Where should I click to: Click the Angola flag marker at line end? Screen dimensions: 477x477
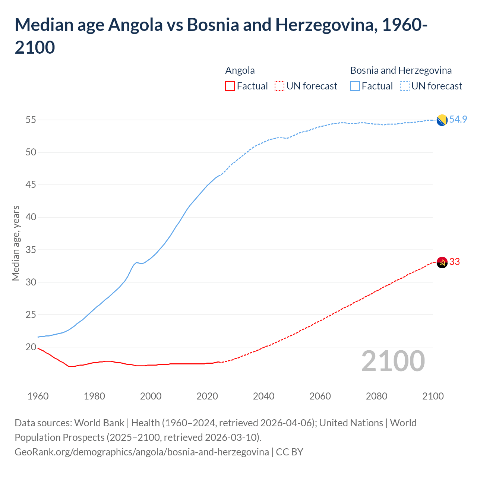pyautogui.click(x=442, y=262)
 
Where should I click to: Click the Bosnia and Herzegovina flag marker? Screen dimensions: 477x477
pyautogui.click(x=442, y=120)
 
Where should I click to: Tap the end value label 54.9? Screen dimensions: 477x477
pyautogui.click(x=458, y=119)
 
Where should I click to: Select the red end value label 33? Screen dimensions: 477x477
pyautogui.click(x=455, y=262)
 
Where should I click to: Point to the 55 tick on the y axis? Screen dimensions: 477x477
pyautogui.click(x=31, y=120)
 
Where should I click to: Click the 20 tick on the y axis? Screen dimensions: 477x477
pyautogui.click(x=31, y=347)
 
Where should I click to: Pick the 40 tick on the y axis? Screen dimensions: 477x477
pyautogui.click(x=31, y=217)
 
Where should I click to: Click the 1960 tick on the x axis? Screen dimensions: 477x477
pyautogui.click(x=38, y=396)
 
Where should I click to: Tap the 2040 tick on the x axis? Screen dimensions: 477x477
pyautogui.click(x=263, y=396)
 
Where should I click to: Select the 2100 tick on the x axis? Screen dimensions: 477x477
pyautogui.click(x=433, y=396)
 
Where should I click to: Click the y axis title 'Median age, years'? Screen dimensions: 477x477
pyautogui.click(x=16, y=243)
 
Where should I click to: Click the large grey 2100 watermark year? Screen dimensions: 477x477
pyautogui.click(x=393, y=361)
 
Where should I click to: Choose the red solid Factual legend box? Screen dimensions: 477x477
pyautogui.click(x=230, y=86)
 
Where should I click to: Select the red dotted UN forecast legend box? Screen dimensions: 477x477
pyautogui.click(x=279, y=86)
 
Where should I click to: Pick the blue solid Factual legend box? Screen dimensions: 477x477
pyautogui.click(x=355, y=86)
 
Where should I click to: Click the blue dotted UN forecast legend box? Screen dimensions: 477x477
pyautogui.click(x=405, y=86)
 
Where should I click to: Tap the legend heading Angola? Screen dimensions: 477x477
pyautogui.click(x=240, y=70)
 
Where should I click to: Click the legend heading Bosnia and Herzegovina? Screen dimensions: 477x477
pyautogui.click(x=401, y=70)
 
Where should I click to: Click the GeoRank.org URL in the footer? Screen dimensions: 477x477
pyautogui.click(x=142, y=452)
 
